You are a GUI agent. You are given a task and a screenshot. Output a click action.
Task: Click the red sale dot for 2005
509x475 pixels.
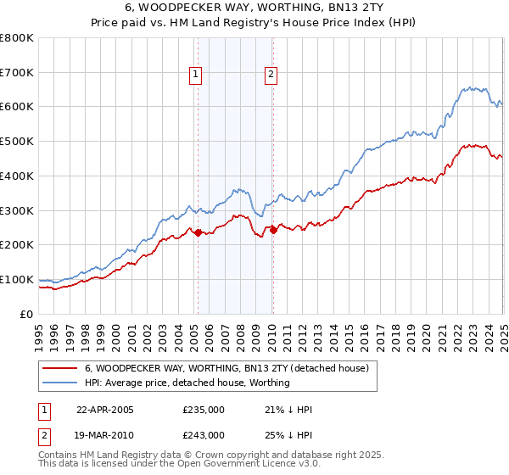coord(199,232)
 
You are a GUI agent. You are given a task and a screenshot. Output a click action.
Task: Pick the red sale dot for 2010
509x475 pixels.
coord(273,229)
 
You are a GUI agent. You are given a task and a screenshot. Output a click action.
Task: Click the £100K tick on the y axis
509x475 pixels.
coord(17,279)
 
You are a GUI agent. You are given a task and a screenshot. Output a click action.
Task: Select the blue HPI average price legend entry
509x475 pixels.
coord(187,383)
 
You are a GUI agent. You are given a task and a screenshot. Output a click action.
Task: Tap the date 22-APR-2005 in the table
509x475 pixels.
coord(105,410)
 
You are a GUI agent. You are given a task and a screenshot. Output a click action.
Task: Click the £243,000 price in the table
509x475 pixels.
coord(204,434)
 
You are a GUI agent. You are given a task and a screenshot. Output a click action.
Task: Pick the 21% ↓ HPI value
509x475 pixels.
coord(288,410)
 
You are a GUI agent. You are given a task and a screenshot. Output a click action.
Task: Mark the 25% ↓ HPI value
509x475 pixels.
coord(288,434)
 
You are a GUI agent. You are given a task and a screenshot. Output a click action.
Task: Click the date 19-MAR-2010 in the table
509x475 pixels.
coord(105,434)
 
